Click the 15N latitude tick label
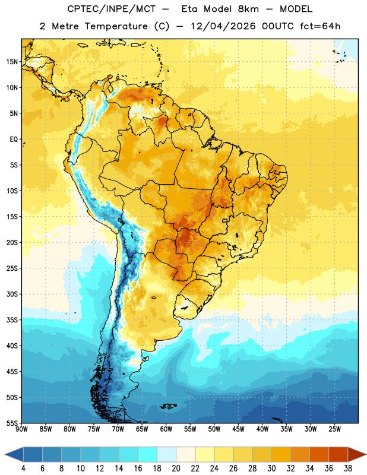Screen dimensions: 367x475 tap(12, 62)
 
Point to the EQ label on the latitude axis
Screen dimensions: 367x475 tap(14, 140)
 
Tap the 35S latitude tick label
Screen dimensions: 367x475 tap(12, 320)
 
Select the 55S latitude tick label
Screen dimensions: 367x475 tap(12, 423)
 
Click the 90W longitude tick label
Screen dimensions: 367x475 tap(21, 429)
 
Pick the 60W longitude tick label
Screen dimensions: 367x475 tap(166, 429)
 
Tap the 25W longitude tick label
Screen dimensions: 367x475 tap(334, 429)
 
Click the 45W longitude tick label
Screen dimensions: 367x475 tap(238, 429)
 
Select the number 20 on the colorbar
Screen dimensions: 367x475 tap(176, 468)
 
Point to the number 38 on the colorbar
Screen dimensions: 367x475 tap(347, 468)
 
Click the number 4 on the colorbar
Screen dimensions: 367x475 tap(23, 468)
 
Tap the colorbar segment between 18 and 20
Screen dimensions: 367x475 tap(166, 454)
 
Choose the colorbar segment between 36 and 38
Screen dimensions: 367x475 tap(338, 454)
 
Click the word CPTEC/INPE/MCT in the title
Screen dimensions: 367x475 tap(111, 9)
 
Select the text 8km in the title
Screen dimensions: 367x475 tap(248, 9)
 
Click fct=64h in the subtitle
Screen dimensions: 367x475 tap(320, 26)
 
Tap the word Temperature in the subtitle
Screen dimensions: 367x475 tap(116, 26)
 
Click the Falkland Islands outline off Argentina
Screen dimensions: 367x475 tap(168, 406)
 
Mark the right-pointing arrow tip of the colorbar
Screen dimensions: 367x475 tap(366, 454)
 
